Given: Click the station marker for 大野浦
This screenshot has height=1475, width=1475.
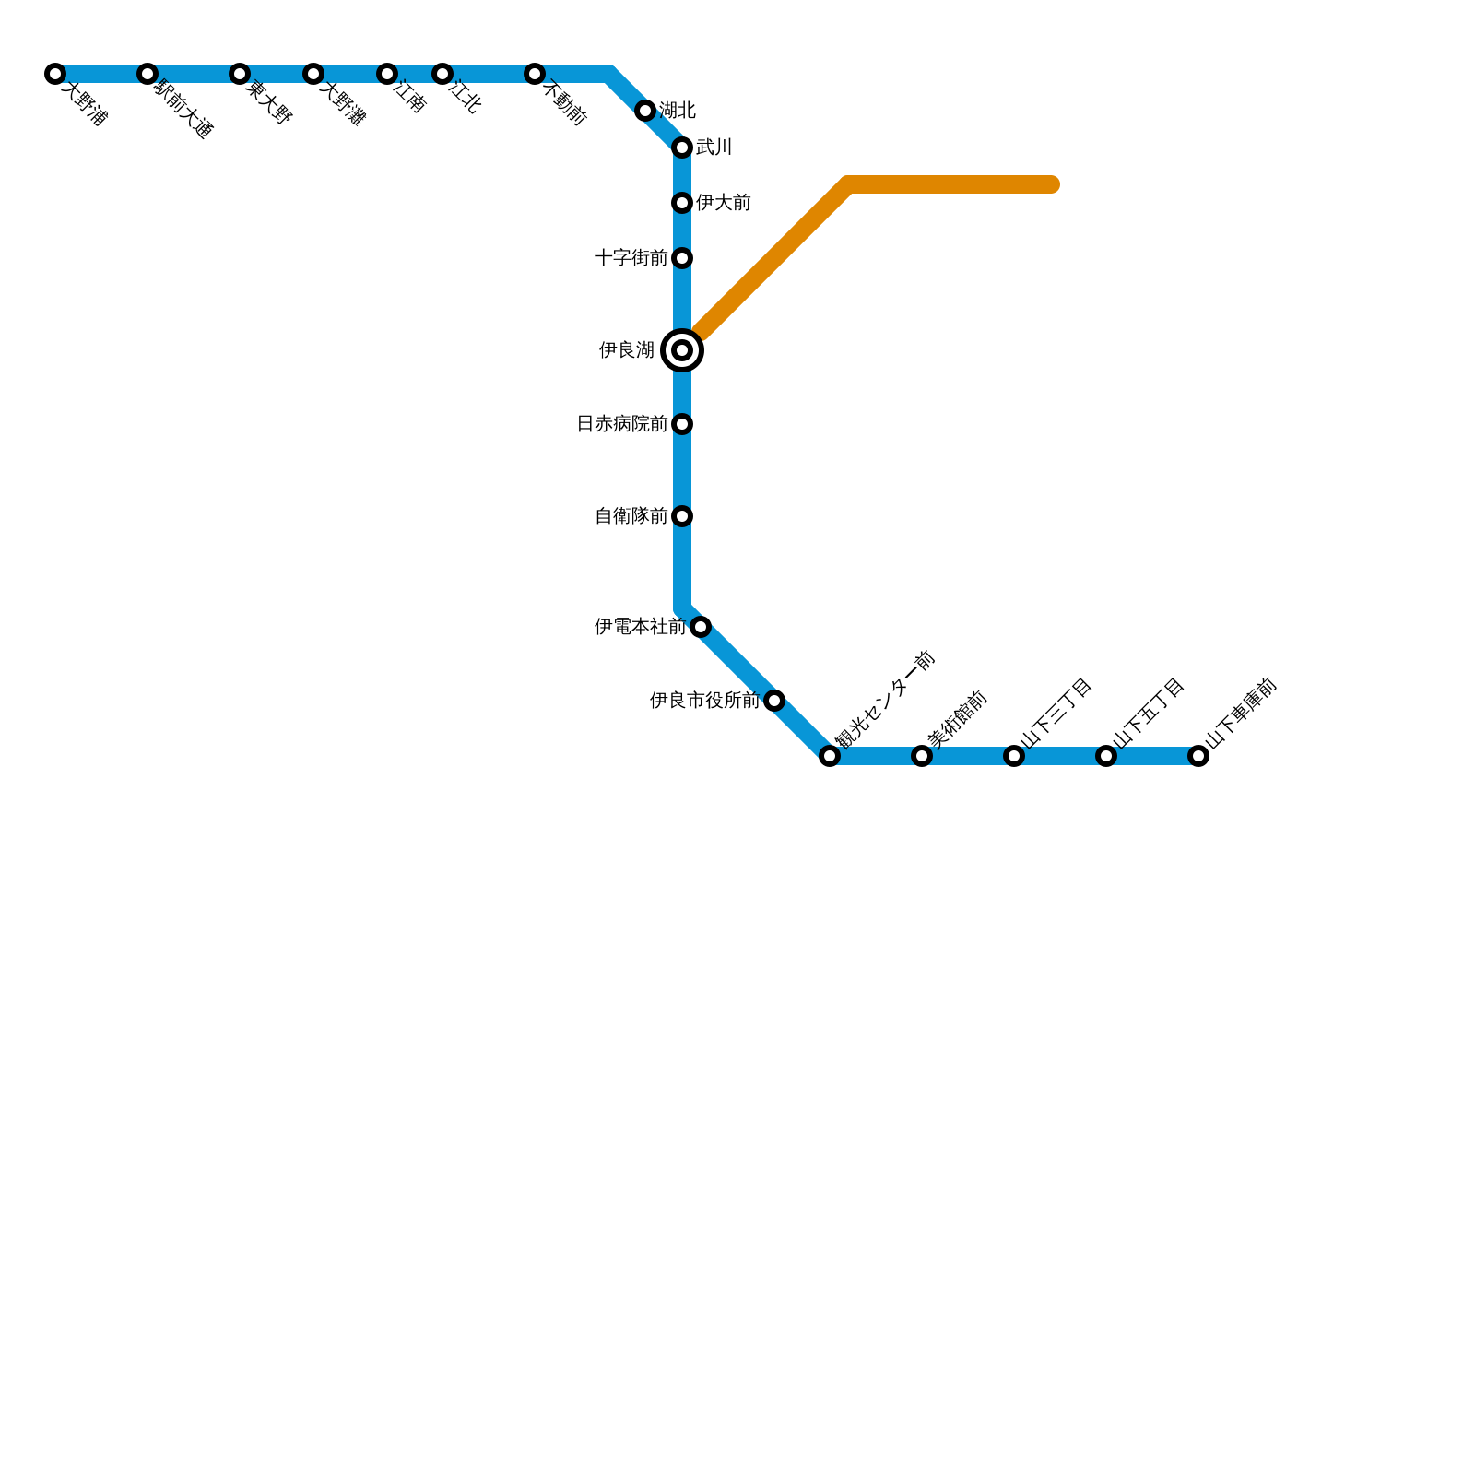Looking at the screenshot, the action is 55,74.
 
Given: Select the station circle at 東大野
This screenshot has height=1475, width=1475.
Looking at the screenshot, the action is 240,74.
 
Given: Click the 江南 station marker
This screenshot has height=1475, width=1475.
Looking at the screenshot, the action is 387,74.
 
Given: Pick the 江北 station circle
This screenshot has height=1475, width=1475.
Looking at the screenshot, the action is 442,74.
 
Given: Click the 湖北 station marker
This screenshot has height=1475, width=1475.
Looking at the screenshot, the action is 645,111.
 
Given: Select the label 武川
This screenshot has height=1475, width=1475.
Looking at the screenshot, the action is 714,147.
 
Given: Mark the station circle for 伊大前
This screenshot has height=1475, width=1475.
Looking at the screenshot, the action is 682,203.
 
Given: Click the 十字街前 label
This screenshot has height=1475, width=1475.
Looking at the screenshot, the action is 631,258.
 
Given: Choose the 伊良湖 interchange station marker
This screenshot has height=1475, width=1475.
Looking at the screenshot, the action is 682,350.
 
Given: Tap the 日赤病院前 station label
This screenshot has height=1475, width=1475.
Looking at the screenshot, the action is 622,424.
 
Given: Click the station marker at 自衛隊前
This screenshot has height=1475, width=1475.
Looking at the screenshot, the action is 682,516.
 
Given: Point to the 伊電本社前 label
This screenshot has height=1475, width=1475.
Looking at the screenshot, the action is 641,627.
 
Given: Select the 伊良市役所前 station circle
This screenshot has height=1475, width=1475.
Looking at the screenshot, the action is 774,701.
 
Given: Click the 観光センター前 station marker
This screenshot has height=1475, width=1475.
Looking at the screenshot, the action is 830,756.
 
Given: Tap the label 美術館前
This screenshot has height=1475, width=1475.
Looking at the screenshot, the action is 958,719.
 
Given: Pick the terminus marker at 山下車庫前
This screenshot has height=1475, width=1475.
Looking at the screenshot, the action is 1198,756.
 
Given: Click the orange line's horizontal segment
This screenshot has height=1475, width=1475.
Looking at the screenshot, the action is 950,185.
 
